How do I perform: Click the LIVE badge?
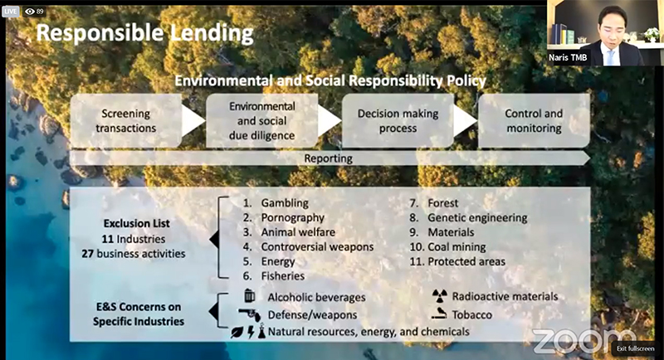click(10, 12)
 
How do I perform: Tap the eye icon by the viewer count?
click(30, 12)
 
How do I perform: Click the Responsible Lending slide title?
click(144, 33)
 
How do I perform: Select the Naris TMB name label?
click(568, 57)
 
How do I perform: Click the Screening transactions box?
click(126, 120)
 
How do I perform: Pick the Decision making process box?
click(398, 120)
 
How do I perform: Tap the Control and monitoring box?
click(534, 120)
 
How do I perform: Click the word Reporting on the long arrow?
click(328, 158)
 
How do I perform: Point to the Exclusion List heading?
click(136, 223)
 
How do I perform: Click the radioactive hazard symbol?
click(440, 296)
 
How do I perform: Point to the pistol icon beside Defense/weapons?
click(250, 314)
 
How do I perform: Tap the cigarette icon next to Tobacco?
click(439, 314)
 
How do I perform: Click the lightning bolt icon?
click(251, 332)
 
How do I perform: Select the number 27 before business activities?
click(88, 254)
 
